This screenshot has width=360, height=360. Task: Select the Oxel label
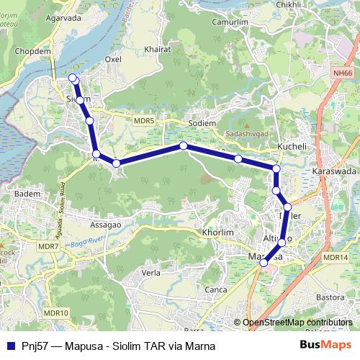(114, 59)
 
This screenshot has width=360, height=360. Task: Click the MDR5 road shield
(144, 121)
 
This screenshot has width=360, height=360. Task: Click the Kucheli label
(292, 146)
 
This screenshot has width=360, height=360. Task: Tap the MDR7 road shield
(48, 247)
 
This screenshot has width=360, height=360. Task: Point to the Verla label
(151, 273)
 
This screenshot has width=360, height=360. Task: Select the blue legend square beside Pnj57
(10, 346)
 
